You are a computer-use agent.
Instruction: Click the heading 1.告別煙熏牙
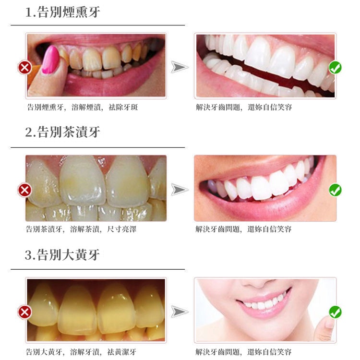tap(63, 12)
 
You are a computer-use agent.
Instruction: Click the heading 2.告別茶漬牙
tap(63, 132)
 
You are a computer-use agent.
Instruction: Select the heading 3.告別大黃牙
tap(62, 254)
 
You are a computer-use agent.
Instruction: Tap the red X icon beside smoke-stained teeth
tap(25, 68)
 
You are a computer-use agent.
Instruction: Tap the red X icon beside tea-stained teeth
tap(25, 190)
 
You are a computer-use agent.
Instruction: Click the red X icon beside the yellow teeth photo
tap(25, 312)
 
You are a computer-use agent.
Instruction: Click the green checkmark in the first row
tap(335, 68)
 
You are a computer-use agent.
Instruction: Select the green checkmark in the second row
tap(335, 190)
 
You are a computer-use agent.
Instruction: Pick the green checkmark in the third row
tap(335, 312)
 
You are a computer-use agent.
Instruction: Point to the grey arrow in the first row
tap(179, 67)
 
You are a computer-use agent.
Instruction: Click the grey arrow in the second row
tap(179, 190)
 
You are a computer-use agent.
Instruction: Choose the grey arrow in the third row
tap(179, 312)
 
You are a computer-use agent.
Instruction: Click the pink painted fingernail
tap(50, 60)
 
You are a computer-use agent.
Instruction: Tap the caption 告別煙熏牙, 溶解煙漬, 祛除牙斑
tap(83, 107)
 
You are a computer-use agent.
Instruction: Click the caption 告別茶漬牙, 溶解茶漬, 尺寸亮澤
tap(81, 229)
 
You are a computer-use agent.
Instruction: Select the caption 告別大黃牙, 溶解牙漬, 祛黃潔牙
tap(81, 352)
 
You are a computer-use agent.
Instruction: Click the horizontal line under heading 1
tap(98, 25)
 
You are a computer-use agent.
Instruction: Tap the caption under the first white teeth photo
tap(244, 107)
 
